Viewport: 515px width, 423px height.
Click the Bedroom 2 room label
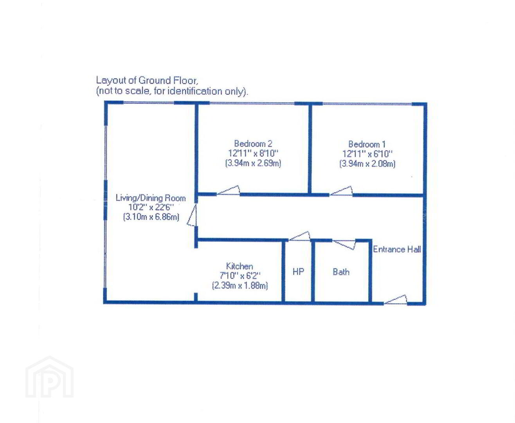click(253, 143)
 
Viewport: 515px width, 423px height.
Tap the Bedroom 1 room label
click(367, 144)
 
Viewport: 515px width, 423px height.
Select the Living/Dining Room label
click(151, 198)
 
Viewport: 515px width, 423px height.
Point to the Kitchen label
click(239, 266)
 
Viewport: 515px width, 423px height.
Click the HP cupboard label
click(298, 271)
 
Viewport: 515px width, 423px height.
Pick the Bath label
click(341, 272)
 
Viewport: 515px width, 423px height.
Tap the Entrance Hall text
click(397, 249)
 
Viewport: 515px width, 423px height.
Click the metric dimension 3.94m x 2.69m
click(253, 163)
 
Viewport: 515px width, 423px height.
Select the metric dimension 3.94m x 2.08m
click(367, 163)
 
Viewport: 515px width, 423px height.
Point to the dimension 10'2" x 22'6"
click(151, 207)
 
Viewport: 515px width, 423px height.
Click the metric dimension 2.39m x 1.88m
click(240, 286)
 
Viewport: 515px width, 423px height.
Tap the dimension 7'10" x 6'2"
click(240, 276)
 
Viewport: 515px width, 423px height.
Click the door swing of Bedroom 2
click(228, 190)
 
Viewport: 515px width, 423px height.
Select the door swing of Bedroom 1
click(341, 191)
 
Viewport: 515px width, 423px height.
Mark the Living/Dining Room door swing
click(192, 215)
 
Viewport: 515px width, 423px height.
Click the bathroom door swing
click(344, 245)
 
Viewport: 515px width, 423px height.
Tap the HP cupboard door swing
click(299, 236)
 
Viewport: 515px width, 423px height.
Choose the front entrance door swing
click(395, 300)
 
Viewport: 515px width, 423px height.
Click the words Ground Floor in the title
click(167, 80)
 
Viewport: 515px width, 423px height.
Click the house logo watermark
click(50, 377)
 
